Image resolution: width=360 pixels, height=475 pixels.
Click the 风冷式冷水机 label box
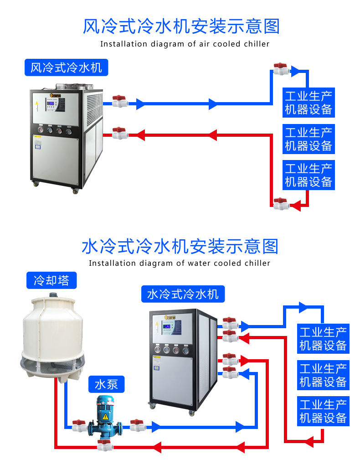(x=67, y=68)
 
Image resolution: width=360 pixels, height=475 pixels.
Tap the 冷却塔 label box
(x=51, y=280)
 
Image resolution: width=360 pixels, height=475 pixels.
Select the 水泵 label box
(x=106, y=384)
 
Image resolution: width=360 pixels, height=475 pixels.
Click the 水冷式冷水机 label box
(x=183, y=294)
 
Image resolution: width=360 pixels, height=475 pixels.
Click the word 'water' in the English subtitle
(x=200, y=263)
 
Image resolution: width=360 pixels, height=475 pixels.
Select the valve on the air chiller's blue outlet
(x=120, y=102)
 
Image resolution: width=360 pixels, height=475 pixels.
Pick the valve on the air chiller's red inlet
(x=120, y=134)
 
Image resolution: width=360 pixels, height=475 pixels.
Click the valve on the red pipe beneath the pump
(x=106, y=445)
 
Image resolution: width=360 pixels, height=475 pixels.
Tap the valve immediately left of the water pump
(x=79, y=426)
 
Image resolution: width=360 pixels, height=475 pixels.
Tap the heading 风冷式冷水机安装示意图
(x=181, y=26)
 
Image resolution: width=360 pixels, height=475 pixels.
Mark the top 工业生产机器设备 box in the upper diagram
(x=309, y=103)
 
